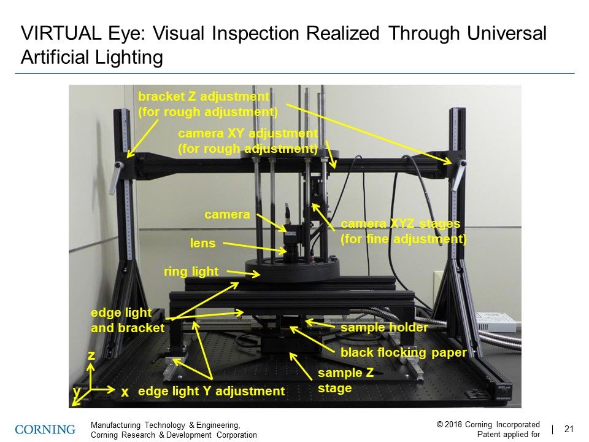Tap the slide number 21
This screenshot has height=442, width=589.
568,429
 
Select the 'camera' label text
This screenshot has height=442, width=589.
227,215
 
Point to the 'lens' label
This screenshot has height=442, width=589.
202,244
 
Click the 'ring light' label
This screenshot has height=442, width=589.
191,271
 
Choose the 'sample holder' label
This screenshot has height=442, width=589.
384,328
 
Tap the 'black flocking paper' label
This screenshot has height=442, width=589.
404,352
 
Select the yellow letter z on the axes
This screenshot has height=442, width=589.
91,355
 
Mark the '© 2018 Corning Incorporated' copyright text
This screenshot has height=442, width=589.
488,424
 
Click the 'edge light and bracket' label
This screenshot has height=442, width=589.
128,320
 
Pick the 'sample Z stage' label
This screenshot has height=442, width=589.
345,381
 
